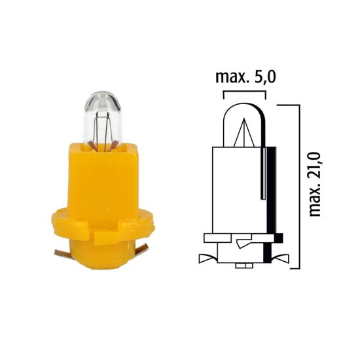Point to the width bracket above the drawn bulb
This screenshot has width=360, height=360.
(x=245, y=93)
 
